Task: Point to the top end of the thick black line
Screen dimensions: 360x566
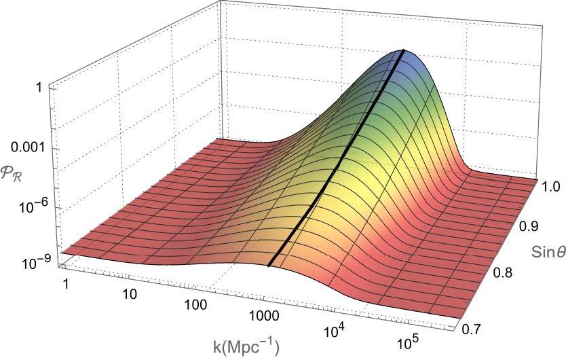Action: (404, 51)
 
